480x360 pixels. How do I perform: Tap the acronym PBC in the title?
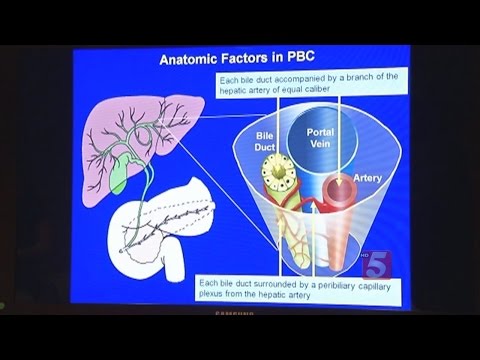[308, 59]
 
